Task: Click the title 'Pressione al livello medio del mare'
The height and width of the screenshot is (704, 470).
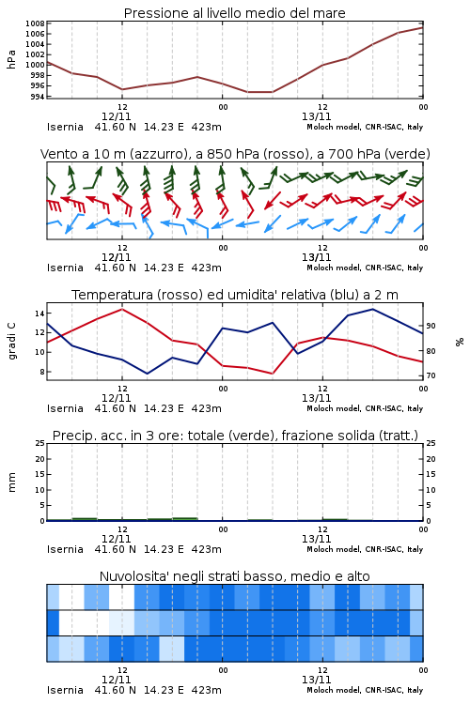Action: tap(234, 13)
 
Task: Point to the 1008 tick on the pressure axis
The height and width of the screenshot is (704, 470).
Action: tap(35, 23)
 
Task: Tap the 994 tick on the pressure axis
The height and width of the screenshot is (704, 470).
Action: tap(37, 96)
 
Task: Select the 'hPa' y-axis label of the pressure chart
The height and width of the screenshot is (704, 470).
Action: tap(11, 59)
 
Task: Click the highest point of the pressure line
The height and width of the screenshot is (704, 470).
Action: tap(423, 28)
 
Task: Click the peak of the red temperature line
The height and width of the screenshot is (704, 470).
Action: tap(122, 309)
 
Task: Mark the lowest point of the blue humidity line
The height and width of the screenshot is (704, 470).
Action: tap(147, 374)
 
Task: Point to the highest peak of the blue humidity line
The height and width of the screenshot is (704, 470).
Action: tap(372, 309)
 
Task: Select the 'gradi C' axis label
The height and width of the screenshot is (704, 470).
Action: tap(12, 342)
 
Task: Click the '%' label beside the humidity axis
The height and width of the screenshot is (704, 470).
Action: tap(460, 342)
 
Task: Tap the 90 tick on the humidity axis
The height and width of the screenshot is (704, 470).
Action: tap(431, 326)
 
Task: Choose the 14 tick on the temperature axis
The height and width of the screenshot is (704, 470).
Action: tap(39, 314)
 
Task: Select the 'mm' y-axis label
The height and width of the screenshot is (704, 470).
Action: tap(12, 482)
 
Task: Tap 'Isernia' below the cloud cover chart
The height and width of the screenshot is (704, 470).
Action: tap(65, 690)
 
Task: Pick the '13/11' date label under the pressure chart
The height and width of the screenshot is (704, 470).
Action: tap(316, 116)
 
